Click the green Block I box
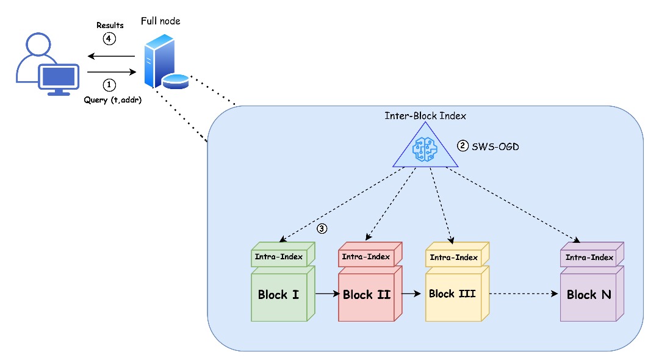(279, 295)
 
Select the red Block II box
(366, 295)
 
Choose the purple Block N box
(589, 295)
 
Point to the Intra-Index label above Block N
(589, 257)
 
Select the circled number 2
(463, 146)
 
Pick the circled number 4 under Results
(109, 38)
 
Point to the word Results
(110, 25)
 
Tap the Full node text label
(160, 21)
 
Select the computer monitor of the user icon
(59, 79)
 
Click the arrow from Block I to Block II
(326, 294)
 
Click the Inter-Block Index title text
(425, 115)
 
